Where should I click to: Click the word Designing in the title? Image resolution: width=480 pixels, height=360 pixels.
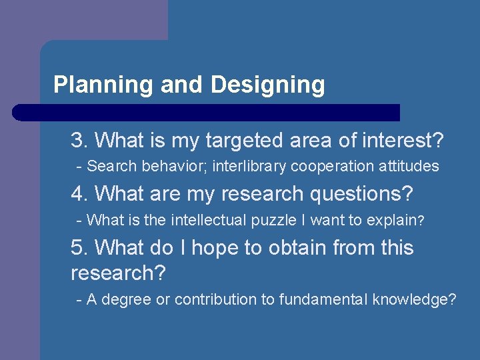tap(267, 85)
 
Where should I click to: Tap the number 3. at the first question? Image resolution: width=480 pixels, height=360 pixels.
tap(80, 141)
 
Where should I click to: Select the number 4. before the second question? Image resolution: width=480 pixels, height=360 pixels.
tap(80, 194)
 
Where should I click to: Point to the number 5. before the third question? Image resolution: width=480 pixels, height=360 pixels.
tap(80, 248)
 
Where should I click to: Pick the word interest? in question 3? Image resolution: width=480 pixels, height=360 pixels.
tap(402, 141)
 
